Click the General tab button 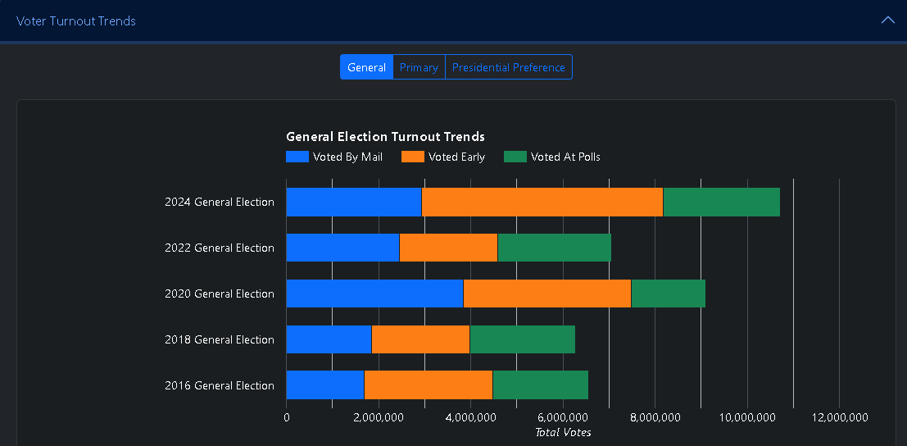click(x=366, y=67)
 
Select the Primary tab click(x=419, y=67)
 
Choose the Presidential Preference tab click(x=508, y=67)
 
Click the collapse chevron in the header click(x=887, y=20)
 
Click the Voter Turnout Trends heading click(x=76, y=20)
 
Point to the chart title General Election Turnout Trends click(x=385, y=137)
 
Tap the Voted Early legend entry click(x=443, y=157)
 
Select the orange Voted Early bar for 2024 click(x=542, y=202)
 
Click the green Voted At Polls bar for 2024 click(x=721, y=202)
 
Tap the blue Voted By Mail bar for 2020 click(x=374, y=294)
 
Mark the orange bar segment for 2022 click(x=448, y=248)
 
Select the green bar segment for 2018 click(x=522, y=339)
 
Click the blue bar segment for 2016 click(x=324, y=385)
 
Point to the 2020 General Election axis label click(x=220, y=294)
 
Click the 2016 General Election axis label click(x=220, y=385)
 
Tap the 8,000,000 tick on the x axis click(x=655, y=417)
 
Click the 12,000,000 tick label click(x=839, y=417)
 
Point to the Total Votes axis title click(x=563, y=432)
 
